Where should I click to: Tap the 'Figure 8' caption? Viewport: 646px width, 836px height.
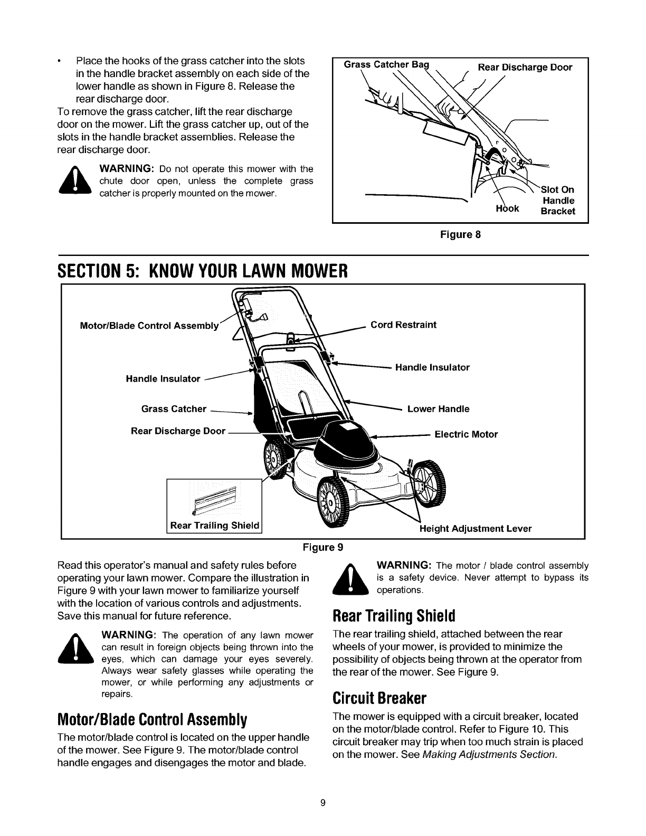460,234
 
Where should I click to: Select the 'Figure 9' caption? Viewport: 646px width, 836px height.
323,547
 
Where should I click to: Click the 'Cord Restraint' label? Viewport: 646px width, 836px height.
403,325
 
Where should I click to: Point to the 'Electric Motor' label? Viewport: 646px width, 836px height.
466,435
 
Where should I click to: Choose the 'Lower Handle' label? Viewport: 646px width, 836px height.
438,408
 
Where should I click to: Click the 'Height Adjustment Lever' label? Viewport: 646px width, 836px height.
475,528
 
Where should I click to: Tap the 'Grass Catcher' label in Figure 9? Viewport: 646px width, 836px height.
174,408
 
